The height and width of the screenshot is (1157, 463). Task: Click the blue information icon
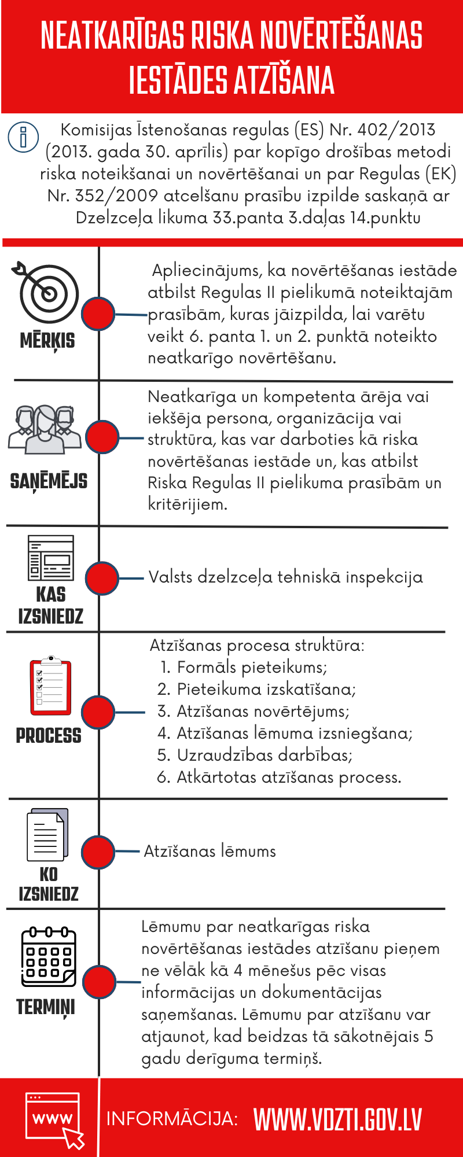(x=23, y=137)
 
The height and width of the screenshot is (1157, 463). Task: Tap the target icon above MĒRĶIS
(x=48, y=292)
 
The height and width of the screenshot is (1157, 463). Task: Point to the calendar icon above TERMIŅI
(x=49, y=957)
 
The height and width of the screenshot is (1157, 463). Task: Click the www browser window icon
(x=53, y=1118)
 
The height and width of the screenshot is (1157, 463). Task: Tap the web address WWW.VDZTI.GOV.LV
(x=337, y=1119)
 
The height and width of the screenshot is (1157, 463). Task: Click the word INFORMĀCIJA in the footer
(x=172, y=1119)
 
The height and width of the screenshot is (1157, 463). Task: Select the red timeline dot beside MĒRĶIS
(x=98, y=314)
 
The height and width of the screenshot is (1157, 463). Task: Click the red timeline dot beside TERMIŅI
(x=100, y=982)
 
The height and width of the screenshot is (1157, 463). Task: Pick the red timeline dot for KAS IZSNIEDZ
(x=102, y=578)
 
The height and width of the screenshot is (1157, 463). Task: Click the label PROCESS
(x=49, y=736)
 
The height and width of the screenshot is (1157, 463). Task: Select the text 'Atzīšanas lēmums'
(x=210, y=851)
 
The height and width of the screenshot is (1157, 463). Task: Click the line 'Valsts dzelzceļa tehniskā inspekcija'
(x=285, y=577)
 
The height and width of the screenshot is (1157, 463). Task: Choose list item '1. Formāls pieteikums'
(x=244, y=667)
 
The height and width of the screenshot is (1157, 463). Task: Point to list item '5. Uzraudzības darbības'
(x=255, y=755)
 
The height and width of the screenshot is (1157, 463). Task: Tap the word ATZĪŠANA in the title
(x=284, y=80)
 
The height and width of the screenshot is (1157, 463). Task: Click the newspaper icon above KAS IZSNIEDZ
(x=51, y=558)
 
